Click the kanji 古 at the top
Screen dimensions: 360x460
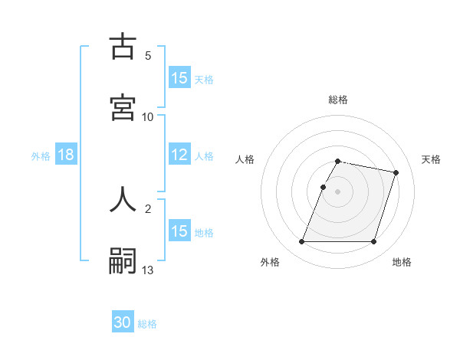tap(123, 47)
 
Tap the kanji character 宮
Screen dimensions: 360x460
tap(123, 107)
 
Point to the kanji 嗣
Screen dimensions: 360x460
tap(123, 261)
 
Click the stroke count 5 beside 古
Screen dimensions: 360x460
tap(148, 56)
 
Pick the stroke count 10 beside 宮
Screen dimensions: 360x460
tap(148, 117)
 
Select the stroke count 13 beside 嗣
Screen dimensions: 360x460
tap(148, 270)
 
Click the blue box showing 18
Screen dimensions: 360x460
tap(66, 155)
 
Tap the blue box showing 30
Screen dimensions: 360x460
tap(123, 323)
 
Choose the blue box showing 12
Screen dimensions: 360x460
tap(179, 155)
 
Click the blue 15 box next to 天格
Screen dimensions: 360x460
tap(179, 78)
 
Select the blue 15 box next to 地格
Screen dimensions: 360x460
tap(179, 231)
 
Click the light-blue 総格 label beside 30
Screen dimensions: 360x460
tap(147, 324)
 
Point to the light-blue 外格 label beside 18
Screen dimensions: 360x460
tap(41, 155)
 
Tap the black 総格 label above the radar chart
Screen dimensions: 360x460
tap(338, 100)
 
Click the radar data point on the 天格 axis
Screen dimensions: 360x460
tap(396, 173)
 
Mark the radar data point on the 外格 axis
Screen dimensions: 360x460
tap(302, 242)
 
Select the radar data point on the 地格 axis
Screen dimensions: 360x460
tap(373, 242)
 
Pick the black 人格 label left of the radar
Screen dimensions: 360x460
tap(245, 159)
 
